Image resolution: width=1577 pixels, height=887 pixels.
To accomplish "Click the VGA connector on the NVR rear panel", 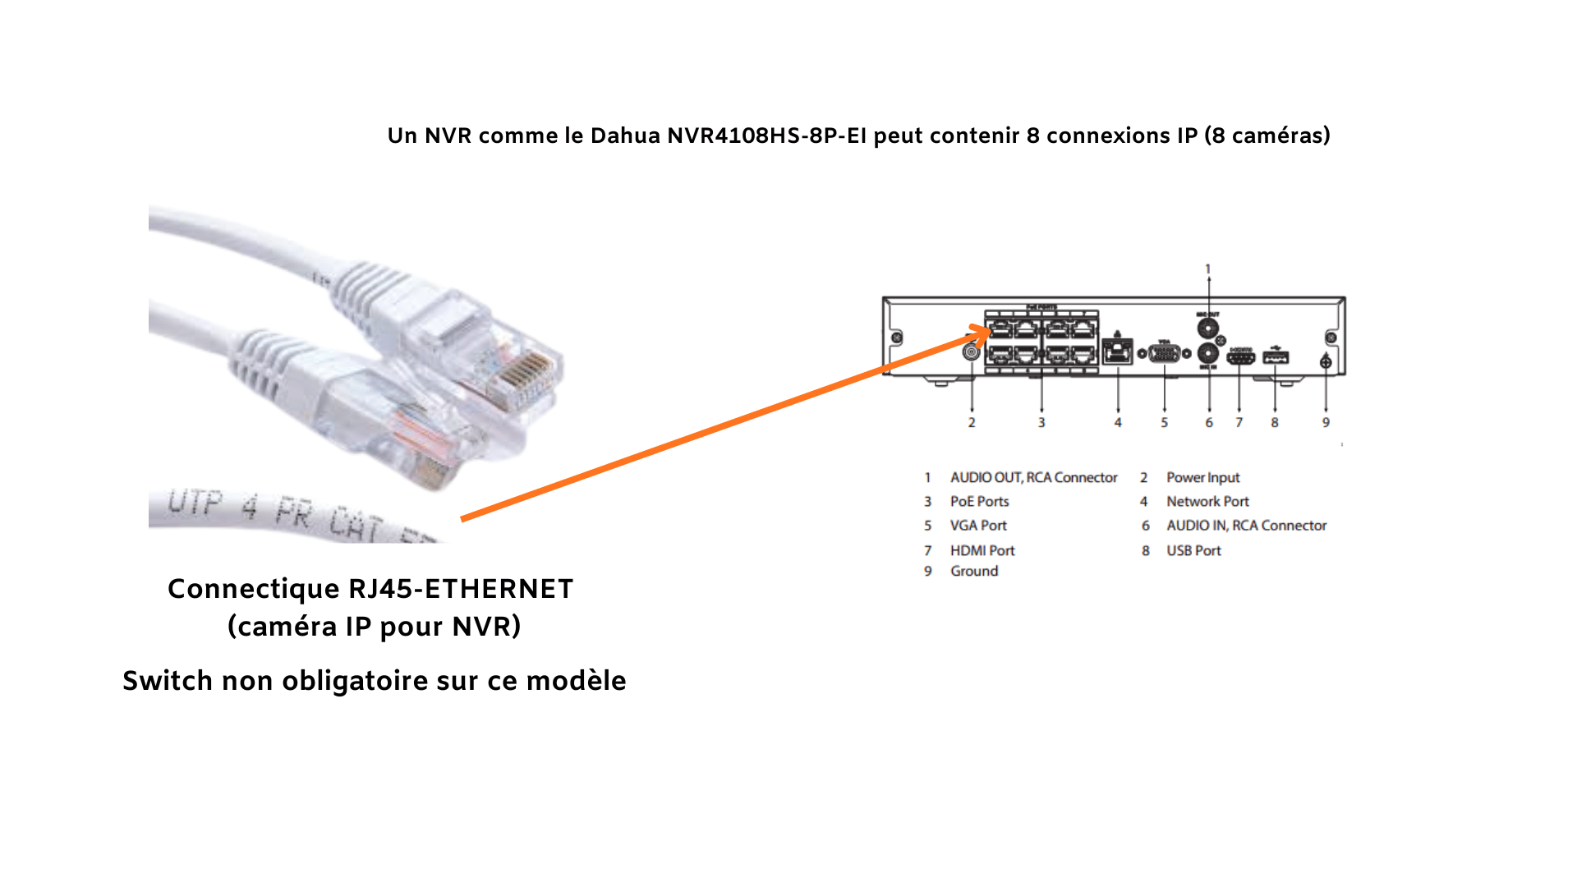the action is (1164, 354).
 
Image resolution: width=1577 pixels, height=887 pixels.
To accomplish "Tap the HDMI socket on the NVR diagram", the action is (1240, 357).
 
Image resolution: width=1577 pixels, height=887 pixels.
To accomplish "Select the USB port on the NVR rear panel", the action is (1275, 357).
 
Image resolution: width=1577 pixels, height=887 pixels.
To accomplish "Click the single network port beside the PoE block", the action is (1117, 352).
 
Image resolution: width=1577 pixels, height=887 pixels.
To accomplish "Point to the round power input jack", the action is (972, 352).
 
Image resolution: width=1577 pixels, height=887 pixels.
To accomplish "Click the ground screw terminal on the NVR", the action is (1326, 362).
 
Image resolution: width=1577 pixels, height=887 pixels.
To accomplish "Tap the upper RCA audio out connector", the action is (1207, 329).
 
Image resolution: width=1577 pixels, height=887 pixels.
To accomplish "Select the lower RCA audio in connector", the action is (1208, 354).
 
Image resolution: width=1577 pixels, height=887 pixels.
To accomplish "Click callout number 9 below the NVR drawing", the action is (1326, 422).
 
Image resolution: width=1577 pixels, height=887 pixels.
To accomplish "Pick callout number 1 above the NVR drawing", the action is (1207, 269).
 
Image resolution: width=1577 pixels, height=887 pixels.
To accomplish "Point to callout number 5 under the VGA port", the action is (1164, 422).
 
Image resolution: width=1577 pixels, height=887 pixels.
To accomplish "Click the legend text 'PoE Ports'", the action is (979, 501).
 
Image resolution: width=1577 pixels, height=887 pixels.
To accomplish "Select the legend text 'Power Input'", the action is (1202, 477).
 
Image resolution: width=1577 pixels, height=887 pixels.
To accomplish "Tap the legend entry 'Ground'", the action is (974, 571).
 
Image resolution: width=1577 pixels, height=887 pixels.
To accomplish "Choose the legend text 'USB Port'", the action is (1193, 550).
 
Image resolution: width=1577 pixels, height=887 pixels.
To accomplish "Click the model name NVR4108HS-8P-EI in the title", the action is (766, 136).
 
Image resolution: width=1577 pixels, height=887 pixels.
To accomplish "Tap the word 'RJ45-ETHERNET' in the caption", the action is (461, 589).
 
